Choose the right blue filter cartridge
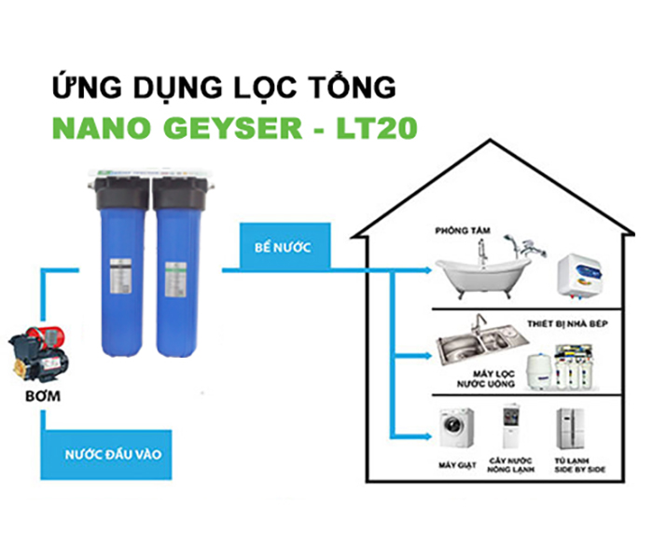pos(176,270)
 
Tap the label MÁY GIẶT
pos(456,464)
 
